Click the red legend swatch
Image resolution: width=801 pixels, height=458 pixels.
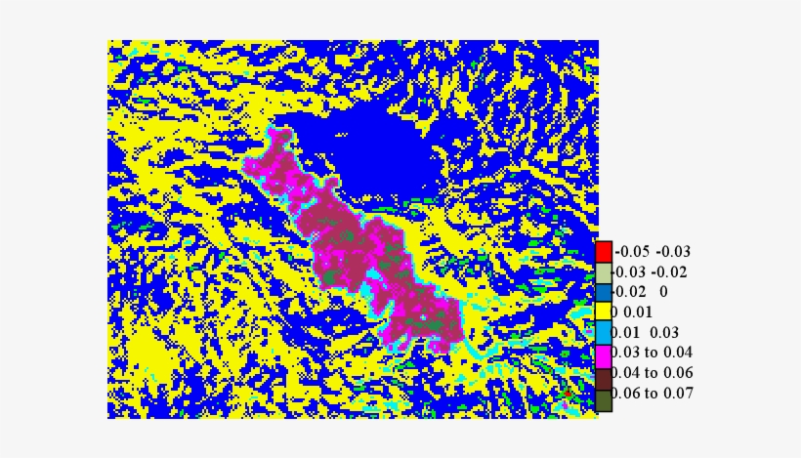604,251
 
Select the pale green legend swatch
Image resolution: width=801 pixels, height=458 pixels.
604,271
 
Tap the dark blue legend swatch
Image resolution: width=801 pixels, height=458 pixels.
604,292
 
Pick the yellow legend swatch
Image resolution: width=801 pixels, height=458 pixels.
604,312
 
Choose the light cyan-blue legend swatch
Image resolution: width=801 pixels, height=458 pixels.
604,333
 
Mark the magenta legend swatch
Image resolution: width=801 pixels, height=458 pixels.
604,354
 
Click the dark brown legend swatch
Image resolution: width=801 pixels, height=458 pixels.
604,374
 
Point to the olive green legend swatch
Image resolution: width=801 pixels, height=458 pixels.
604,395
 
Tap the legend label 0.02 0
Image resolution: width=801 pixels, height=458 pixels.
641,292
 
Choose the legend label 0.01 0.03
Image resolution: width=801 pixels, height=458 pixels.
646,333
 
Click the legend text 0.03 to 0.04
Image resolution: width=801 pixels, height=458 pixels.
653,354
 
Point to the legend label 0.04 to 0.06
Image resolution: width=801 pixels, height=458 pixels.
653,374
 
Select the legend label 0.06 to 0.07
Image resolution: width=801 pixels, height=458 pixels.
653,395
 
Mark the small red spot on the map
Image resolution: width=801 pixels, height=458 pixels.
567,393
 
